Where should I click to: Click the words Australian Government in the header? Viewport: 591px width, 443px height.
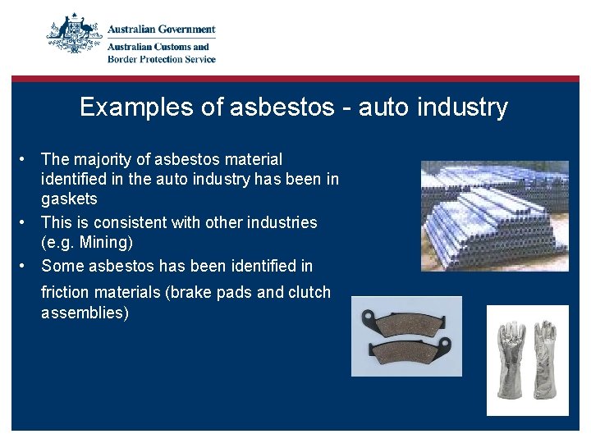click(162, 30)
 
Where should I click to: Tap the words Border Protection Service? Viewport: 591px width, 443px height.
click(162, 59)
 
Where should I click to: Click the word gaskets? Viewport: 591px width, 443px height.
click(69, 199)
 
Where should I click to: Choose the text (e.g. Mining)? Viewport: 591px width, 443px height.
click(87, 243)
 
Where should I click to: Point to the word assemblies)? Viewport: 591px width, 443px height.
click(85, 313)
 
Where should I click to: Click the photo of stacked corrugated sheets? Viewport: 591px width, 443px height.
click(493, 215)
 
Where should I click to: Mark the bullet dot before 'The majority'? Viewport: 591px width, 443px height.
click(26, 159)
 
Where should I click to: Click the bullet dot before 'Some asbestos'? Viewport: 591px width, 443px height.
click(26, 266)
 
